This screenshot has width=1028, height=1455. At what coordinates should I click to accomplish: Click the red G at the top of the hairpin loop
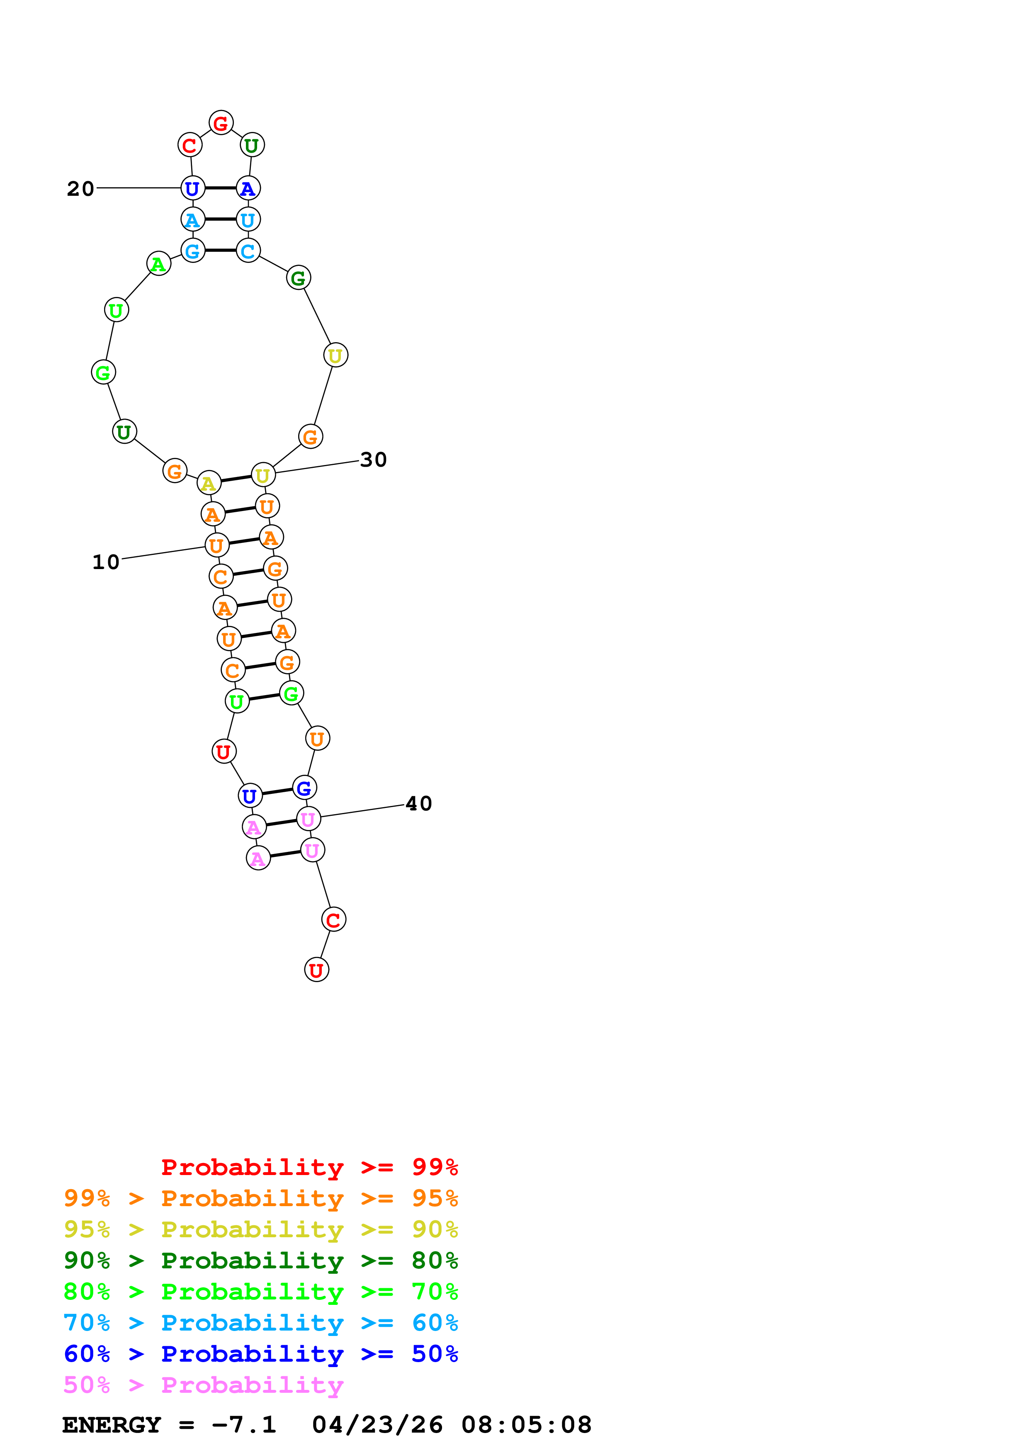(x=221, y=123)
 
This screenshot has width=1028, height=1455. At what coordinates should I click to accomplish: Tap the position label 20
(x=80, y=188)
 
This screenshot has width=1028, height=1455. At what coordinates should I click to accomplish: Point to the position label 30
(x=373, y=460)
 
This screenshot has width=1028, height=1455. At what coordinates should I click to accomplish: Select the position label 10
(x=106, y=562)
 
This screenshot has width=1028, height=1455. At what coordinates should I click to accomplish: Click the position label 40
(x=419, y=803)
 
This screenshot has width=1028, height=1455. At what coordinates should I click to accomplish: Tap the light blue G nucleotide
(x=192, y=251)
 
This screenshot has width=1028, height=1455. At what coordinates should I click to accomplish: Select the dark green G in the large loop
(x=298, y=277)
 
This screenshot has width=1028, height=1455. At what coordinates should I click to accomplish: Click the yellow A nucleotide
(x=209, y=483)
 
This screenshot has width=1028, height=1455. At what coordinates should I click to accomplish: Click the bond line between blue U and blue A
(x=221, y=188)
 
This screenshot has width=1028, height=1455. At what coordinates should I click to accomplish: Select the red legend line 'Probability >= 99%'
(x=309, y=1167)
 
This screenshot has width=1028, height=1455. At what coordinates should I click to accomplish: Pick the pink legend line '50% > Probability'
(x=203, y=1384)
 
